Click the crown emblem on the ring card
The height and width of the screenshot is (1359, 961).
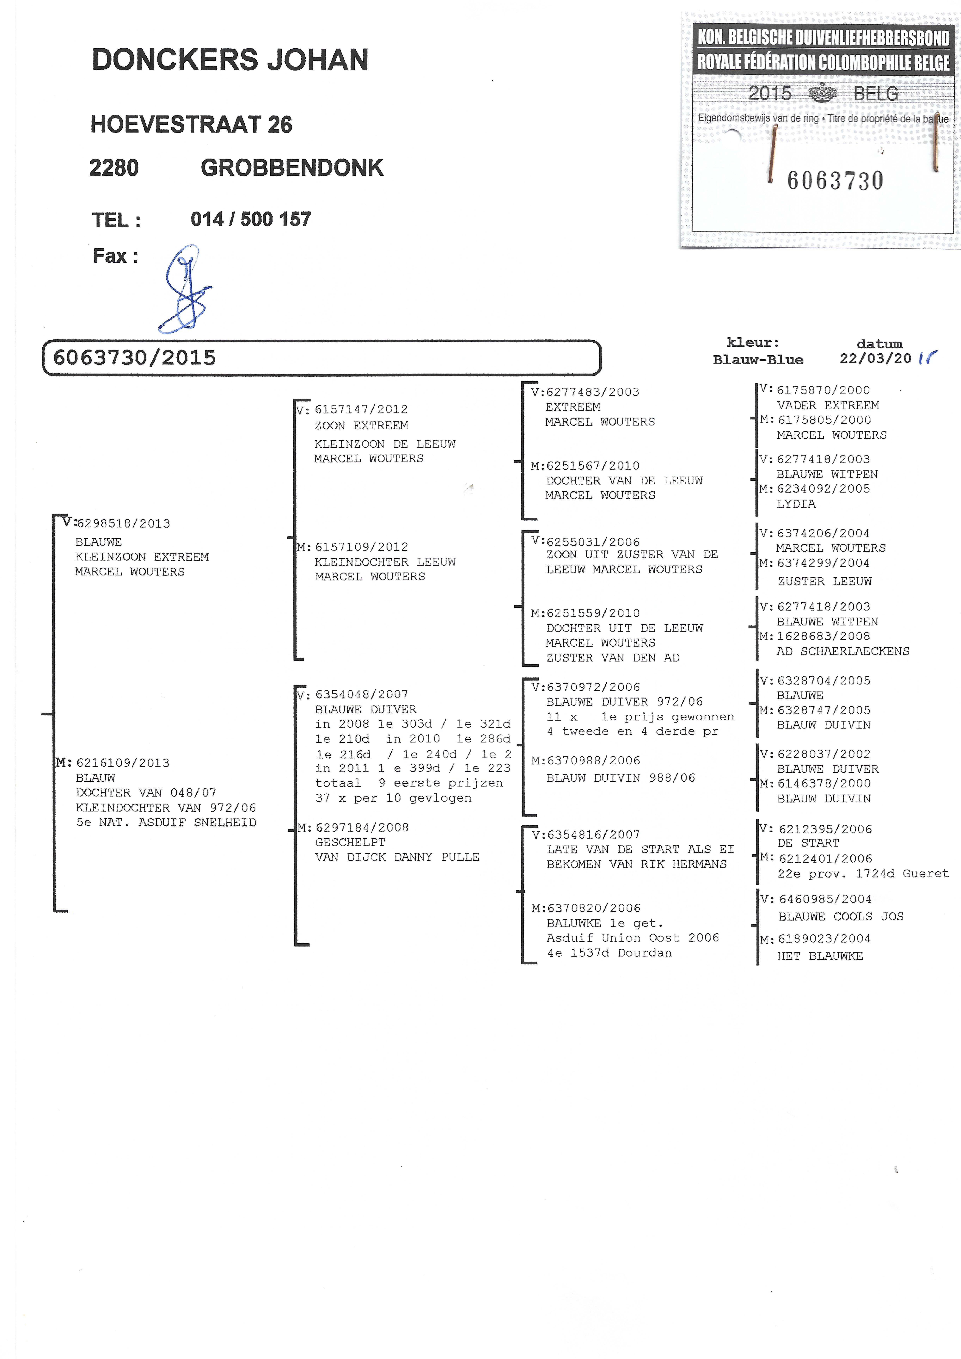[823, 93]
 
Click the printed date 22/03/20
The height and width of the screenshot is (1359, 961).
[875, 358]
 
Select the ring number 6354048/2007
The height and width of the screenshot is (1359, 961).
[362, 694]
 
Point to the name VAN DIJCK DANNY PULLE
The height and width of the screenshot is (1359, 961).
[397, 857]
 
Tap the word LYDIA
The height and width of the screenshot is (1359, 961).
[796, 504]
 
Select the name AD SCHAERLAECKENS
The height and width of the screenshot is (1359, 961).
[843, 651]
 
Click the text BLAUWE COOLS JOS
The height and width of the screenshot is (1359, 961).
[841, 916]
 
